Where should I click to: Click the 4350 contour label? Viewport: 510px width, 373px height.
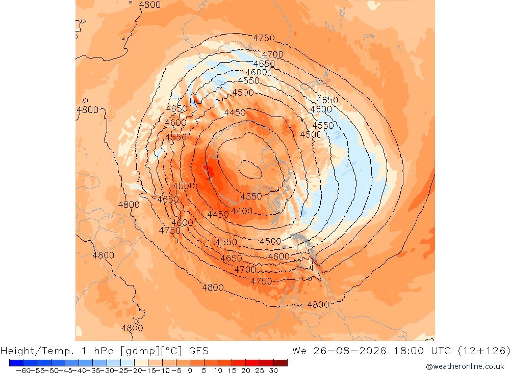click(x=251, y=196)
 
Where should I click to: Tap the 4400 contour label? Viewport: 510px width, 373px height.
click(x=242, y=211)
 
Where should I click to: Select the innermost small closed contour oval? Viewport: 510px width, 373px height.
click(x=250, y=169)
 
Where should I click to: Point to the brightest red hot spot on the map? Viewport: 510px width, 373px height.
click(x=209, y=171)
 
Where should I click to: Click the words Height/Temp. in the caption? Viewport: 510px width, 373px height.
click(x=37, y=351)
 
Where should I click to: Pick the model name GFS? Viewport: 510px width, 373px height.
click(x=199, y=351)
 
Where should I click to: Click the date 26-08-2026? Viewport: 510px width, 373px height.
click(x=350, y=351)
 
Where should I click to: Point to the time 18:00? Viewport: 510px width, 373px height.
click(x=409, y=351)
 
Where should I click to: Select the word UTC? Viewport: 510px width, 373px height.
click(x=441, y=351)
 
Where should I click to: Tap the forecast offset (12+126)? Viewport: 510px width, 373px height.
click(x=484, y=351)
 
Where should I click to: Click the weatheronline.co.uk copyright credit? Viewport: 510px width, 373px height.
click(x=465, y=366)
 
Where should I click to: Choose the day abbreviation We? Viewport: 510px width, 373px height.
click(x=299, y=351)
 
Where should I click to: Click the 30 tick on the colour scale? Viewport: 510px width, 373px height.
click(x=273, y=370)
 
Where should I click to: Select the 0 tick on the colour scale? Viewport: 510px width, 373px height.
click(x=190, y=370)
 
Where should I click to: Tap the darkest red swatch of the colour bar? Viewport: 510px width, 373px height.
click(x=280, y=363)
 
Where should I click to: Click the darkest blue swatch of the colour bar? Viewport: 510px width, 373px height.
click(x=16, y=363)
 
